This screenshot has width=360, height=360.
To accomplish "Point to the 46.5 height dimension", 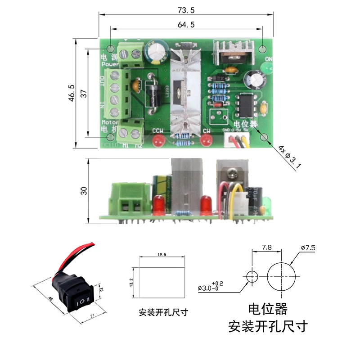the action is [x=72, y=93].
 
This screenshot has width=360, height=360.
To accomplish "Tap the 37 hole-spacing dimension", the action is [x=84, y=93].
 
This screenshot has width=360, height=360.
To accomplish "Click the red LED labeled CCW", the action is [x=157, y=142].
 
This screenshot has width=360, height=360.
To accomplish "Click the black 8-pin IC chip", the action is [x=245, y=104].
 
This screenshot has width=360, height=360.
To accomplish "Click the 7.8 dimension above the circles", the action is [x=266, y=247].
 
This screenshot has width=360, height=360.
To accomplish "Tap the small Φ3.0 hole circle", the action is [x=252, y=275].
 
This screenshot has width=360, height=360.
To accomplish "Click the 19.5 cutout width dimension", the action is [x=162, y=254].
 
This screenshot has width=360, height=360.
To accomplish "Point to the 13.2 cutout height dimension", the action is [x=131, y=282].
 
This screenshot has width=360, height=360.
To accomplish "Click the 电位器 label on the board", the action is [x=245, y=123].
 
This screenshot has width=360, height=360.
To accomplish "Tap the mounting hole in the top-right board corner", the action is [x=264, y=48].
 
